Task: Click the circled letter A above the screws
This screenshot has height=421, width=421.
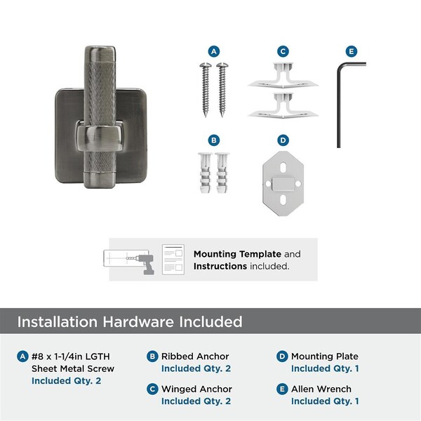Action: click(x=214, y=51)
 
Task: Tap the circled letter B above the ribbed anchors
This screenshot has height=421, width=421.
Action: click(x=214, y=140)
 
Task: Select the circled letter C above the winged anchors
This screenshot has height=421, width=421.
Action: click(x=283, y=51)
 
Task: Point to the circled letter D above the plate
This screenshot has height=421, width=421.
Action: click(x=283, y=140)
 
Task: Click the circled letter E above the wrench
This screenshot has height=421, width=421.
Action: click(x=352, y=51)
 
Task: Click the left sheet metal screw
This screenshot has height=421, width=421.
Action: click(x=206, y=90)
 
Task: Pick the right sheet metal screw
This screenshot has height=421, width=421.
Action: click(x=222, y=90)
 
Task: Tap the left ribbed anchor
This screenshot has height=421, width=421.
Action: click(x=206, y=173)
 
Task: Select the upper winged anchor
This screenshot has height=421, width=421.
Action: click(x=283, y=76)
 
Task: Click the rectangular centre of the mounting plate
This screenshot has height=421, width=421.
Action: click(x=283, y=184)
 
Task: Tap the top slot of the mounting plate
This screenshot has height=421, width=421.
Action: click(x=283, y=168)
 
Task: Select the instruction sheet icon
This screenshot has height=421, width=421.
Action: click(x=173, y=260)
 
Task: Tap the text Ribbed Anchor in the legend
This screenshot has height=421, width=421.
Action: click(x=195, y=356)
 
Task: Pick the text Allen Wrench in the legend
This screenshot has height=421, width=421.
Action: click(x=321, y=389)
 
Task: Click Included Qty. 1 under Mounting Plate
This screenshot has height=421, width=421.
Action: click(x=325, y=368)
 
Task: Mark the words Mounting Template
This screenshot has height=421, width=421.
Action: click(x=237, y=254)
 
